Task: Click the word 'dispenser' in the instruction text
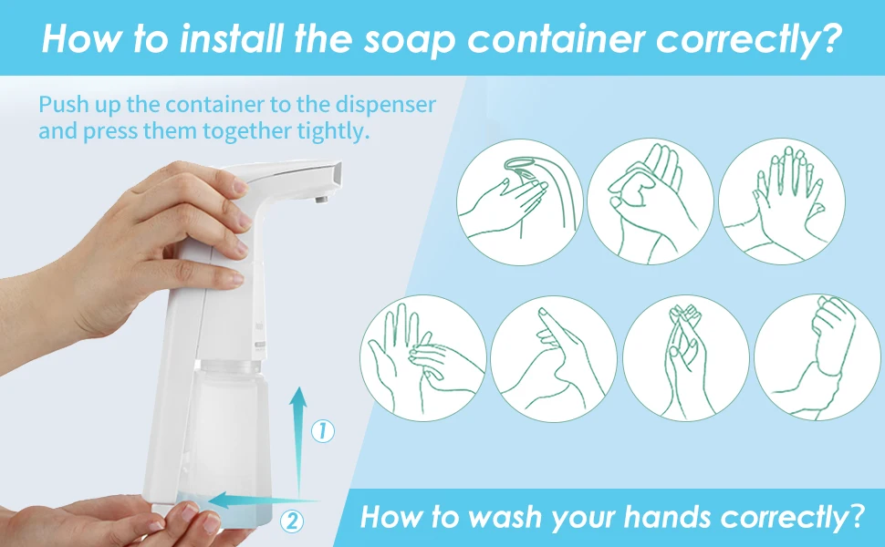(x=386, y=104)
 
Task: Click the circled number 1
(x=323, y=431)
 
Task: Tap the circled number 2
(x=292, y=521)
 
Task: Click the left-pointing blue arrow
(x=264, y=501)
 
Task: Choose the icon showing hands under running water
(x=520, y=201)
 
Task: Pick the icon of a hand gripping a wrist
(x=817, y=357)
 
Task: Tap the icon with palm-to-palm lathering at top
(x=651, y=201)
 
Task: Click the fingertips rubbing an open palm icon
(x=422, y=358)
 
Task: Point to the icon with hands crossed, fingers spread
(x=782, y=201)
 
